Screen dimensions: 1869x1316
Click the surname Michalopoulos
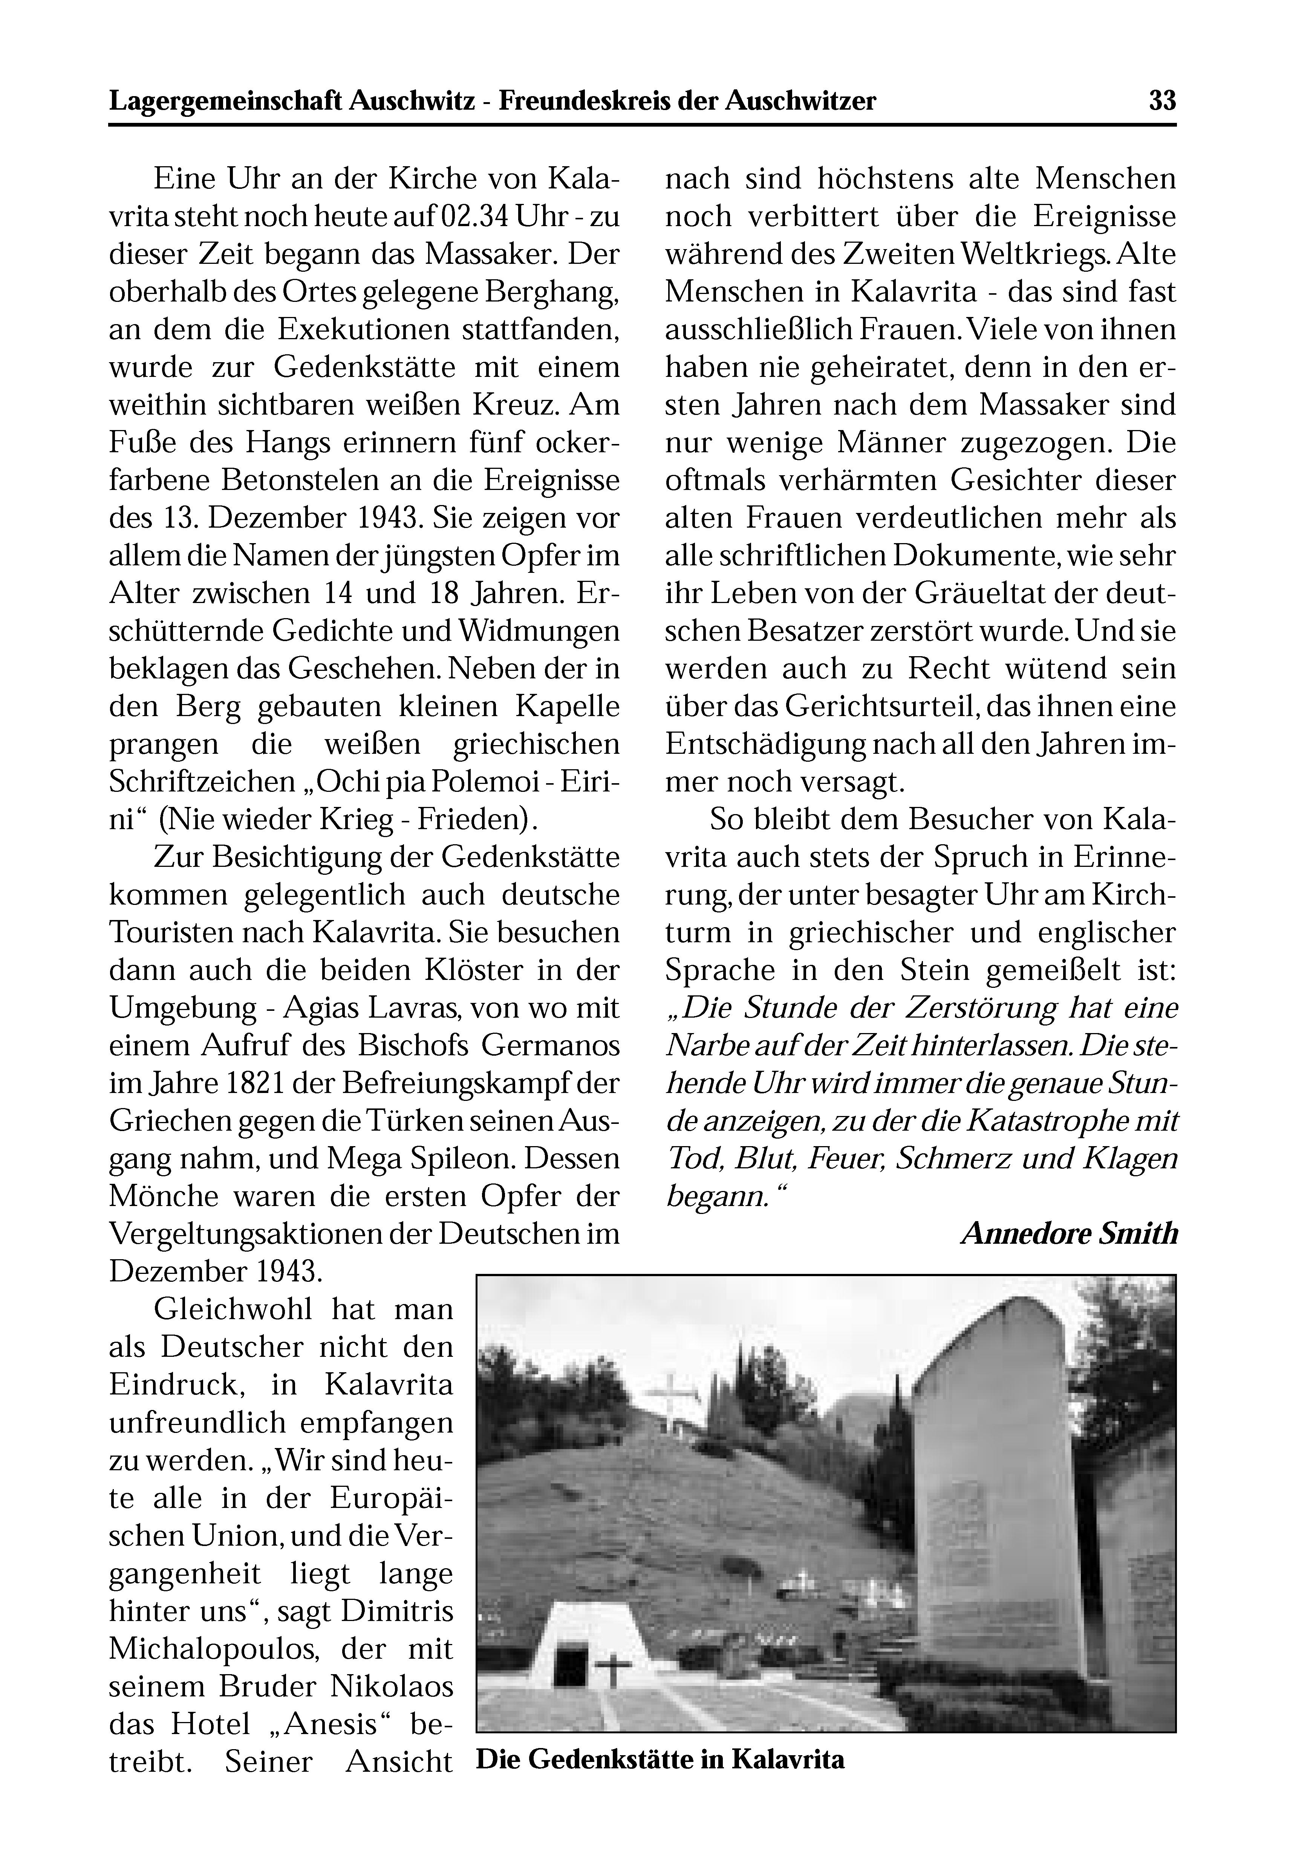213,1649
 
